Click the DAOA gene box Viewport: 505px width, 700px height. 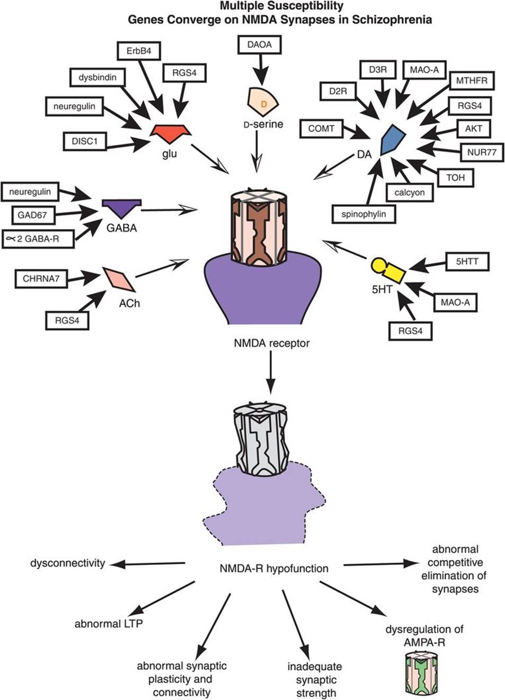pos(259,45)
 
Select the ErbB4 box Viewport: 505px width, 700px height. pos(139,52)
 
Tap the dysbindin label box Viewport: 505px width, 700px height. pos(98,77)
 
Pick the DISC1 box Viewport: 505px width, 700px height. pos(85,141)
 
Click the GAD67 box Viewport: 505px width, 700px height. pos(32,215)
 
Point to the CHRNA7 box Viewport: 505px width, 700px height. pos(41,278)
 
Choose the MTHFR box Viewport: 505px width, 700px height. pos(472,81)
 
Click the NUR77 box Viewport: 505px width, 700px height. pos(482,152)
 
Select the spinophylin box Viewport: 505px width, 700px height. pos(364,214)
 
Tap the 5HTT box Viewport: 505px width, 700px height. pos(467,261)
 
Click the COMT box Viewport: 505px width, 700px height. pos(321,128)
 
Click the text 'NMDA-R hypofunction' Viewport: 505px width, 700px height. pos(274,568)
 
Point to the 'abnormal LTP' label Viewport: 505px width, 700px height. pos(109,624)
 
